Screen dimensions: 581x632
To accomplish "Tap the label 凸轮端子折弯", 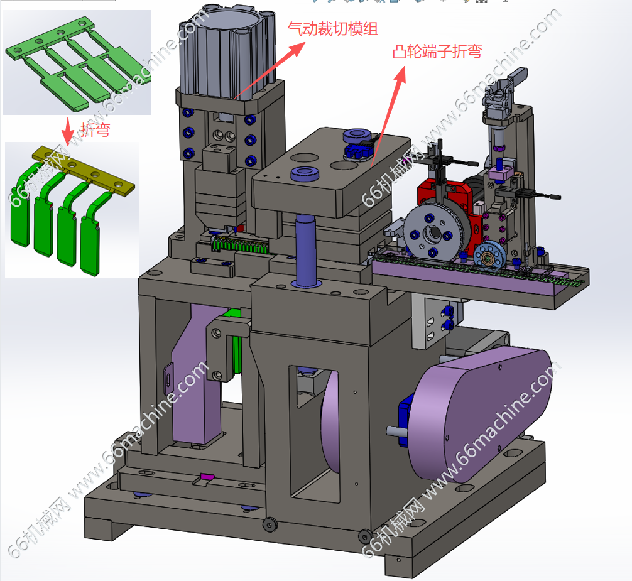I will (437, 52).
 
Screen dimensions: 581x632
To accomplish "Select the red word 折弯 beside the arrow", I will (95, 130).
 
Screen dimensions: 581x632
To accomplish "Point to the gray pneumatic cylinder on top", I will (227, 53).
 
